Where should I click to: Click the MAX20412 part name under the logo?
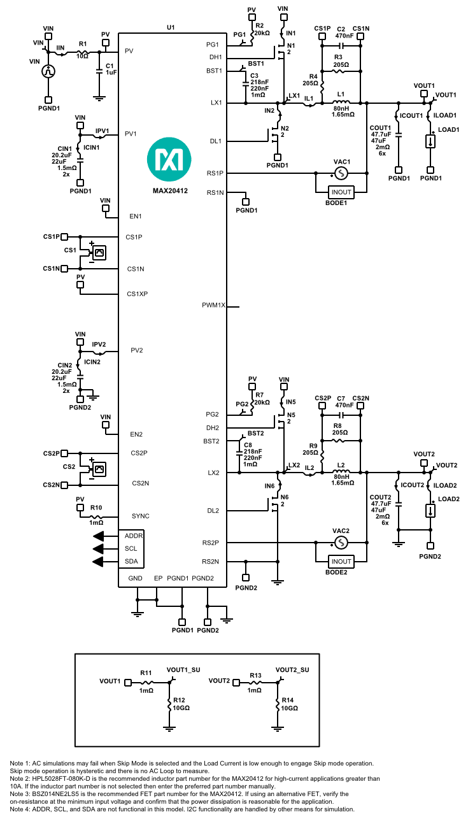pos(169,190)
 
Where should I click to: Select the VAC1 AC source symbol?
pos(341,173)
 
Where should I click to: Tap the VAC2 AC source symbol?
pos(341,543)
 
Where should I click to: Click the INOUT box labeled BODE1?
pos(341,192)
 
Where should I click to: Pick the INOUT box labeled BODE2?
pos(341,561)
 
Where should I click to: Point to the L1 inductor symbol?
pos(341,103)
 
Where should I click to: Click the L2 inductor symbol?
pos(341,473)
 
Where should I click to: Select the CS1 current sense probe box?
pos(99,253)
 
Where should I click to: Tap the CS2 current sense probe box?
pos(99,469)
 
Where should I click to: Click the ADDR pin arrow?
pos(99,536)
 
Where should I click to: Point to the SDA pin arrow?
pos(99,561)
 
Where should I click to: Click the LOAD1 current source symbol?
pos(431,141)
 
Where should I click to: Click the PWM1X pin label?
pos(214,306)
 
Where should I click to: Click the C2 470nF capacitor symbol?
pos(341,46)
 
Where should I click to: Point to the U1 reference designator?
pos(170,28)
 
